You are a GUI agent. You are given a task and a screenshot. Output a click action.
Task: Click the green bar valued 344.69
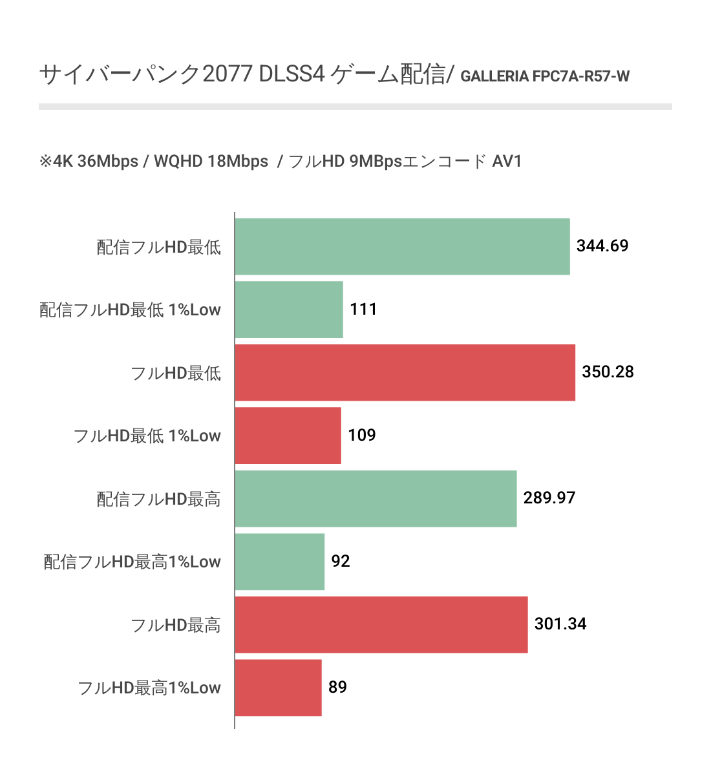(402, 246)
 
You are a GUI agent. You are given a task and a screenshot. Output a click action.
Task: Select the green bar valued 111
(289, 310)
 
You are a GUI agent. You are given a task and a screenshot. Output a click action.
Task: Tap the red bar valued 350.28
(405, 372)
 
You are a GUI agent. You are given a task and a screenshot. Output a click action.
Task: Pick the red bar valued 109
(288, 436)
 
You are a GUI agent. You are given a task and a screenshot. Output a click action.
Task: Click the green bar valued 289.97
(376, 498)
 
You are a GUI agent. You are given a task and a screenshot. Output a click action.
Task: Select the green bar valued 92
(279, 562)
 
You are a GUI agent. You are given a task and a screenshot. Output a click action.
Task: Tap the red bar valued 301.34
(381, 624)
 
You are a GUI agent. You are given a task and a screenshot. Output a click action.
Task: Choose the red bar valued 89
(278, 688)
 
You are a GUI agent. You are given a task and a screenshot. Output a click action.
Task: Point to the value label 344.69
(602, 246)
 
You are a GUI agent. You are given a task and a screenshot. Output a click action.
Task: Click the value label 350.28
(608, 372)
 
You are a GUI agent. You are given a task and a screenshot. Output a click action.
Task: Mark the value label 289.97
(549, 498)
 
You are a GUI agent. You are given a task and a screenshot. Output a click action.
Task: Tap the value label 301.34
(560, 624)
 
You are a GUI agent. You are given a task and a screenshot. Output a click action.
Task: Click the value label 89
(337, 687)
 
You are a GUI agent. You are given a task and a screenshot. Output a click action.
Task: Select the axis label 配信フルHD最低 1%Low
(131, 310)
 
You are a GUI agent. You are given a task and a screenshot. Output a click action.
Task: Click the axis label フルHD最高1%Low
(149, 688)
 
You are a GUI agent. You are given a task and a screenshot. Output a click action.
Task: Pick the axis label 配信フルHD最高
(159, 499)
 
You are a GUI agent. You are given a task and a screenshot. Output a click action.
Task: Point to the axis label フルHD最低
(176, 373)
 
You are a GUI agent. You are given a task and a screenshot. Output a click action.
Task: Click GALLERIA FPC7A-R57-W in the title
(545, 77)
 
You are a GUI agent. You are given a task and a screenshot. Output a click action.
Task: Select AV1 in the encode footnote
(507, 161)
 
